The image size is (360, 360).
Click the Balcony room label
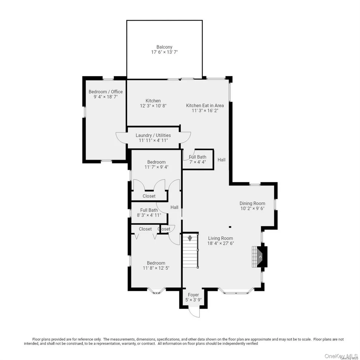tap(164, 47)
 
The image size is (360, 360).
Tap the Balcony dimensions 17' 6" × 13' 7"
tap(164, 52)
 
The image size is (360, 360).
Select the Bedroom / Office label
tap(106, 92)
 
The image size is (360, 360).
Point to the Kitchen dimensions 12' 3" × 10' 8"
tap(153, 106)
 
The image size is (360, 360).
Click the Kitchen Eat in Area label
tap(205, 106)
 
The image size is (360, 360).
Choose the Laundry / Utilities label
tap(153, 135)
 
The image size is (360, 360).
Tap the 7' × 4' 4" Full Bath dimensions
tap(198, 162)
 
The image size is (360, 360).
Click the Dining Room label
tap(252, 203)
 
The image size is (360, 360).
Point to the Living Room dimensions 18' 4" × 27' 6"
tap(221, 243)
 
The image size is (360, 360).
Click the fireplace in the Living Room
tap(260, 257)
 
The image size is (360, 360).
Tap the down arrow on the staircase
tap(190, 238)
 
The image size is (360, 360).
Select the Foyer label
tap(193, 295)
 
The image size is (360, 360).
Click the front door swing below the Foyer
tap(194, 313)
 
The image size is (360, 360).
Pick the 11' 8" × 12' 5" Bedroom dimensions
tap(156, 268)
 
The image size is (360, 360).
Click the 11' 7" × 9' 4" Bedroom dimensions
tap(156, 167)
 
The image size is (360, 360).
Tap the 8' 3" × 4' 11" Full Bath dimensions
tap(149, 215)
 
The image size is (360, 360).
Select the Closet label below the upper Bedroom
tap(149, 196)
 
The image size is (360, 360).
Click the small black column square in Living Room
tap(230, 227)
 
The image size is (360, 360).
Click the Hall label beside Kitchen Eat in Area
tap(222, 160)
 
